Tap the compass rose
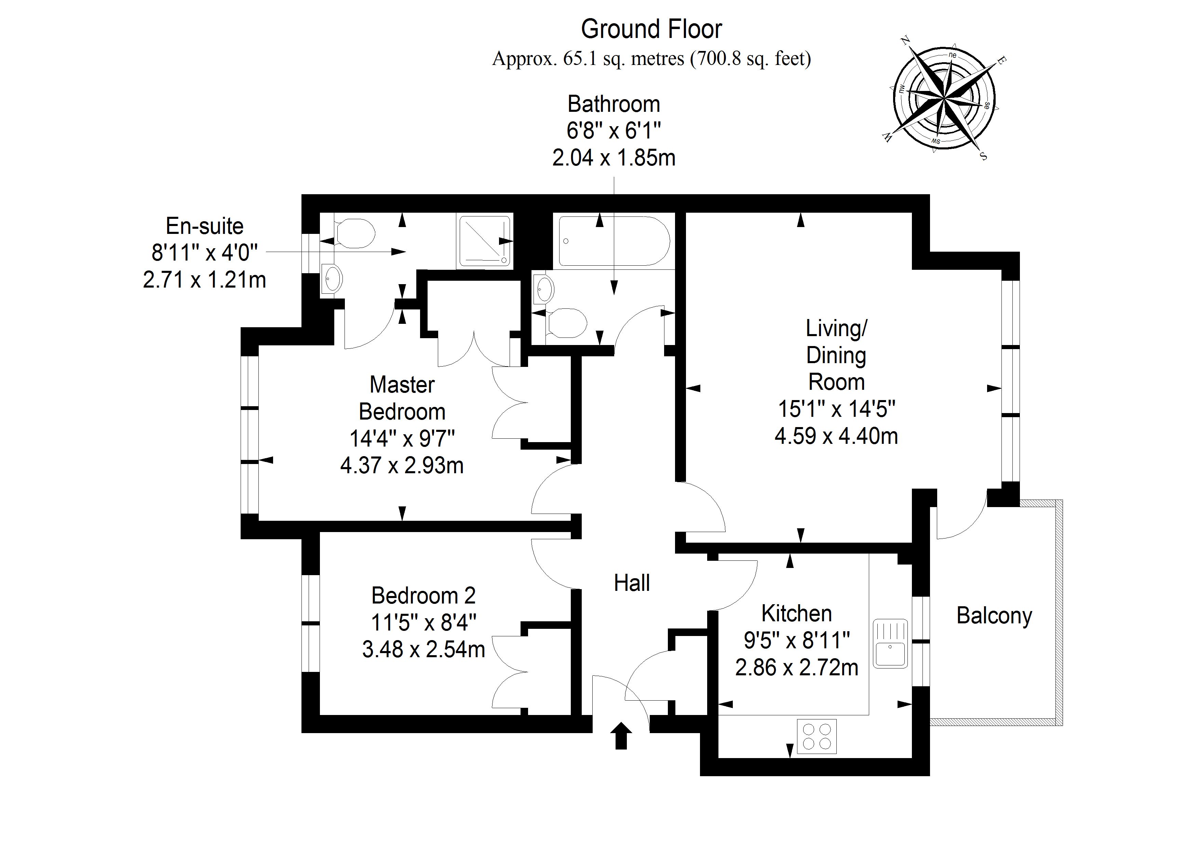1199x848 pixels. point(944,98)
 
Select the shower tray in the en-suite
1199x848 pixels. point(484,241)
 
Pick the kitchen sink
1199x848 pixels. point(890,644)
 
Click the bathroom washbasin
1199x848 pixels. point(544,288)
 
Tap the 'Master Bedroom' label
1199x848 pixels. point(402,398)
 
